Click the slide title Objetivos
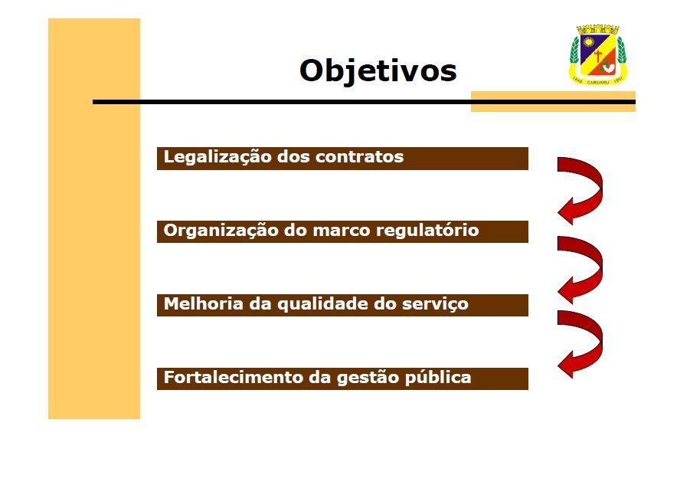pos(378,70)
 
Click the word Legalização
pos(217,157)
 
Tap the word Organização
pos(221,231)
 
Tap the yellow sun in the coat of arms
pos(588,42)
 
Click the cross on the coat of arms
pos(598,56)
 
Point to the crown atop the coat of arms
pos(597,29)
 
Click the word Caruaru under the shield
pos(597,82)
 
